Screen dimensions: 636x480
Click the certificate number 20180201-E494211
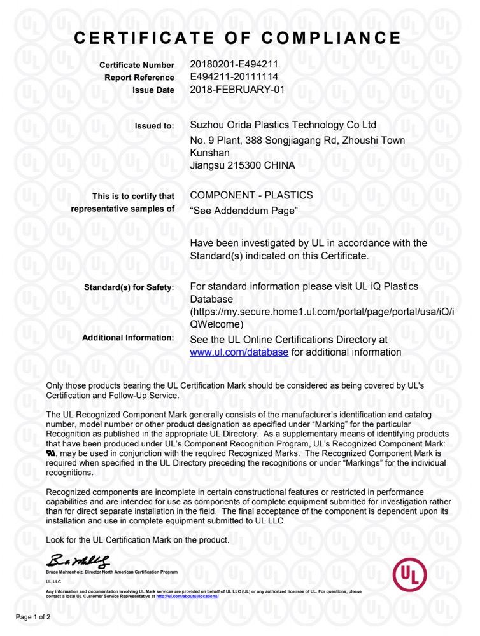[x=234, y=64]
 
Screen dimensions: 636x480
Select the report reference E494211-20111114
[x=234, y=77]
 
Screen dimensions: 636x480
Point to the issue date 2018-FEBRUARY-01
[x=237, y=90]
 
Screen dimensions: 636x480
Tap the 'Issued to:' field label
[x=154, y=126]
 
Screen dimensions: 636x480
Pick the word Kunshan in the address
[x=210, y=153]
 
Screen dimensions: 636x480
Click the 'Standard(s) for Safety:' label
[x=129, y=287]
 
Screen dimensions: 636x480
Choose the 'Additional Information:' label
[x=128, y=338]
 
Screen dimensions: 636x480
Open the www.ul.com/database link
[x=239, y=352]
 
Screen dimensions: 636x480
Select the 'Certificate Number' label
[x=137, y=66]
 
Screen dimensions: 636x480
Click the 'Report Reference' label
[x=139, y=78]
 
